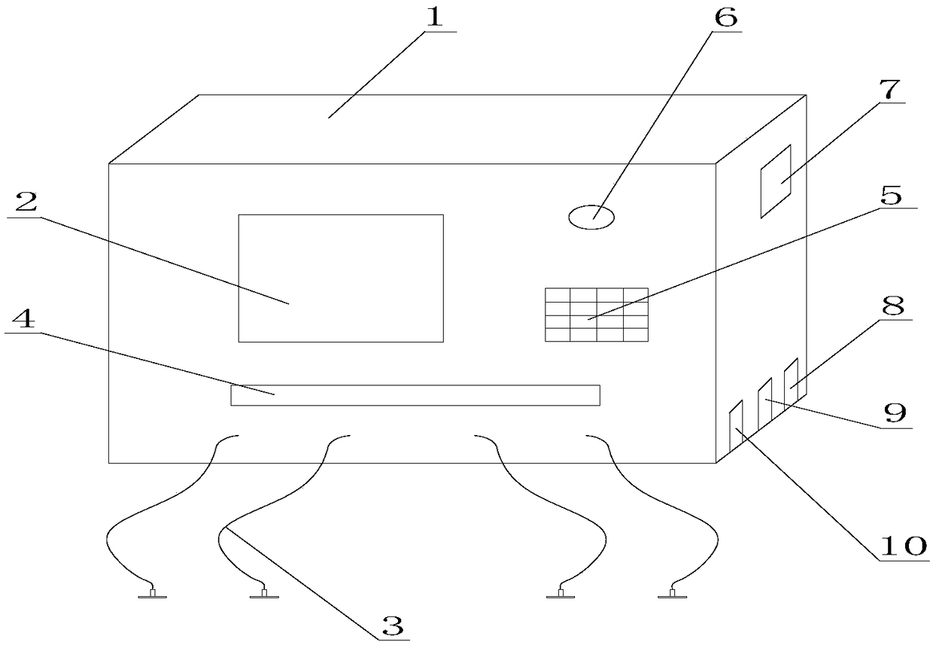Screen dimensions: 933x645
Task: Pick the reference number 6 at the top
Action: (725, 17)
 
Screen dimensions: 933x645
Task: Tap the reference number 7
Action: (889, 88)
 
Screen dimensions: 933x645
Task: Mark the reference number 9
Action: (895, 412)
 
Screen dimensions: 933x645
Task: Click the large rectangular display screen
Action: (341, 278)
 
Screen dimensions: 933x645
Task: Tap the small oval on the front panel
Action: (591, 218)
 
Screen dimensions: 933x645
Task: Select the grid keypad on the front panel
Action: (596, 315)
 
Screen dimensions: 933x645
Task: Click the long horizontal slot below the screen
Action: (415, 395)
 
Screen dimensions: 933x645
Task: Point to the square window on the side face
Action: (776, 181)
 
